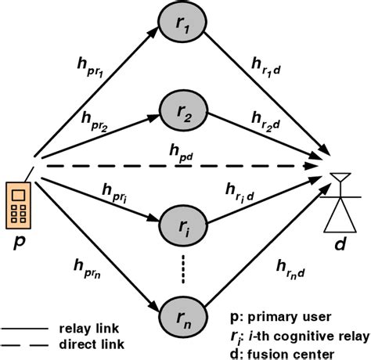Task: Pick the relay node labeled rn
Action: [x=183, y=319]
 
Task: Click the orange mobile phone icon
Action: [x=18, y=204]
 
